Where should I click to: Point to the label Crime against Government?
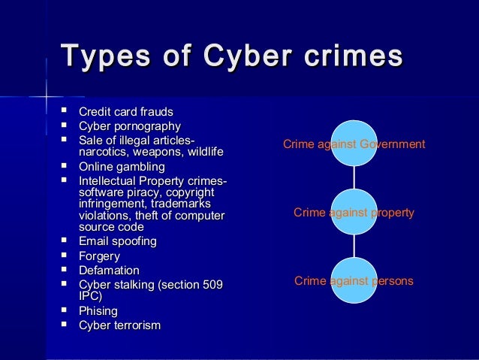tap(354, 144)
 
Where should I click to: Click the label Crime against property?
tap(354, 213)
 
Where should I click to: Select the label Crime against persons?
tap(354, 281)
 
